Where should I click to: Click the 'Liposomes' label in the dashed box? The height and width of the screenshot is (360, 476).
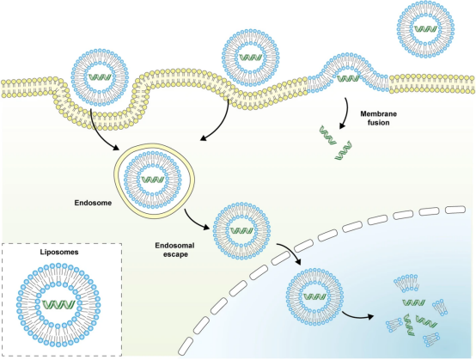coord(59,253)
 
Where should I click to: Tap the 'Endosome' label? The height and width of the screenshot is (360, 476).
coord(93,203)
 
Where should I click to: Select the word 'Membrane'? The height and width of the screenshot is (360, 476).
coord(379,114)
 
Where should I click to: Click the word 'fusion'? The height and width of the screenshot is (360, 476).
coord(379,123)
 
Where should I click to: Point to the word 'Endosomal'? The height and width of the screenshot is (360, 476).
coord(175,245)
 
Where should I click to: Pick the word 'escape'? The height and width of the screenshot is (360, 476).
coord(175,254)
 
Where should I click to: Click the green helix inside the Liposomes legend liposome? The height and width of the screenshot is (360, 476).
coord(58,304)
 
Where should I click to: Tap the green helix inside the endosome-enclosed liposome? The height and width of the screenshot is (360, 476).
coord(153,180)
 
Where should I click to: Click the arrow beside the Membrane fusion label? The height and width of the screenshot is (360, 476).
coord(345,113)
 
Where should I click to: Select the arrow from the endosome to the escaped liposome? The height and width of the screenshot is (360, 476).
coord(195,221)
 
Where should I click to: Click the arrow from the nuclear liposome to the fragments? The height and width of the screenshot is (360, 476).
coord(357,316)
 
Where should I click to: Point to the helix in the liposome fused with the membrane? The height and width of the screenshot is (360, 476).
coord(348,79)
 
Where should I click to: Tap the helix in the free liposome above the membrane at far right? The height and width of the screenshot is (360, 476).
coord(425,29)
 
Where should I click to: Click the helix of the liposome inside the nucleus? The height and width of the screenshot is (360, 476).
coord(314,296)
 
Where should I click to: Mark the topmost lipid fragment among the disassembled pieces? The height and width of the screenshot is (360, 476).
coord(406,283)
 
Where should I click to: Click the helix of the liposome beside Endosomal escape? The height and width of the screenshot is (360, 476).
coord(241,230)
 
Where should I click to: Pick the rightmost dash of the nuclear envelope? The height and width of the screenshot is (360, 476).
coord(455,209)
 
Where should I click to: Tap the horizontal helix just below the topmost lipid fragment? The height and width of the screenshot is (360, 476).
coord(414,302)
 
